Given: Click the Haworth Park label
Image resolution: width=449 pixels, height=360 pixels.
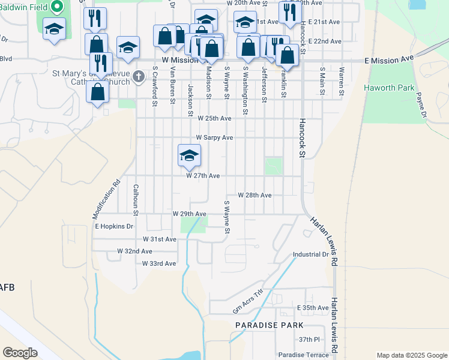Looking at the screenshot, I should click(389, 88).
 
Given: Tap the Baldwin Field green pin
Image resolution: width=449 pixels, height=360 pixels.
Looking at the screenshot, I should click(58, 7).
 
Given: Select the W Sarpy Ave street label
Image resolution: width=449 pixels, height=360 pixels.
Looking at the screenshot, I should click(214, 137).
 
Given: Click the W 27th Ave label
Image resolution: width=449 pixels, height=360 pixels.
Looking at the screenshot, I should click(202, 176).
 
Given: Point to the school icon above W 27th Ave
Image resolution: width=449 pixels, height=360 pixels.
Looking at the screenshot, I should click(189, 155).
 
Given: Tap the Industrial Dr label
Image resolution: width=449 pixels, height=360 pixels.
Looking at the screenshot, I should click(311, 254).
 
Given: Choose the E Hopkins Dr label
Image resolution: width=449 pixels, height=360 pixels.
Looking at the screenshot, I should click(113, 226).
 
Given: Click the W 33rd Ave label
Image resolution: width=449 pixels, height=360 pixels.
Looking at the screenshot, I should click(159, 263).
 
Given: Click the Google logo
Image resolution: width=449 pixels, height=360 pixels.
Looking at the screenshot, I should click(20, 353).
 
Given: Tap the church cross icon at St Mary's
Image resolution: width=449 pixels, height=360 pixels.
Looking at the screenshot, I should click(139, 76).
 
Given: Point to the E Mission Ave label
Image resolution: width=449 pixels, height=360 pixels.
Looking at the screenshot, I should click(390, 59).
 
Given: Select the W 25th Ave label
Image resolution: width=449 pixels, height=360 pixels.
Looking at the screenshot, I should click(214, 119).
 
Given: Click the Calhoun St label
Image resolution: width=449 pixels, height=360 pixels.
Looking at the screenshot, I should click(136, 200).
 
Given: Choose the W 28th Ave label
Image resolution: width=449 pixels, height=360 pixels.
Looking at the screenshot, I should click(255, 196).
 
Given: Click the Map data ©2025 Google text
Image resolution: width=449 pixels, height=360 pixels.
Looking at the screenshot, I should click(411, 355).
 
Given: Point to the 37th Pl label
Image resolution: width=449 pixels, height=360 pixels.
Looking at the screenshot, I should click(310, 340).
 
